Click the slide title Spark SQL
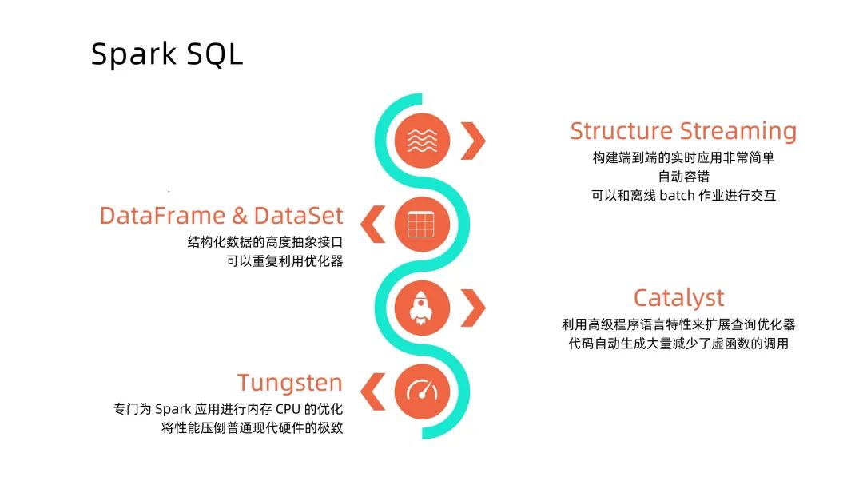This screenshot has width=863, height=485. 167,54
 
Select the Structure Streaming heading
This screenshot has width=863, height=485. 683,131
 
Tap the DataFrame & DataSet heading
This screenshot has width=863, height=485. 221,216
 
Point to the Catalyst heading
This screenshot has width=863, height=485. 678,298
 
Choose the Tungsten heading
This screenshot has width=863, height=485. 289,382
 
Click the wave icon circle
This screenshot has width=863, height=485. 423,141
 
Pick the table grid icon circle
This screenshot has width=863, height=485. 422,225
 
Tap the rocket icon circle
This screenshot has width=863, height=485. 423,307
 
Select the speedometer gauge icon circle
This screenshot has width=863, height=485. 422,390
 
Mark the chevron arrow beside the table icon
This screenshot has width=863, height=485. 372,225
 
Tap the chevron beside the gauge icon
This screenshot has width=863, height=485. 372,391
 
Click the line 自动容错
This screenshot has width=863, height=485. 683,177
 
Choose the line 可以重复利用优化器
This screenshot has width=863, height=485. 284,260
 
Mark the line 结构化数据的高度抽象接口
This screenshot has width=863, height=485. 264,241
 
